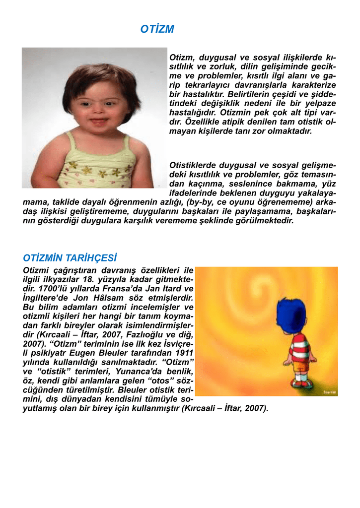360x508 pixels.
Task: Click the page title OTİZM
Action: coord(157,30)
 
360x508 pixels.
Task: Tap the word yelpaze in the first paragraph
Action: coord(319,103)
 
